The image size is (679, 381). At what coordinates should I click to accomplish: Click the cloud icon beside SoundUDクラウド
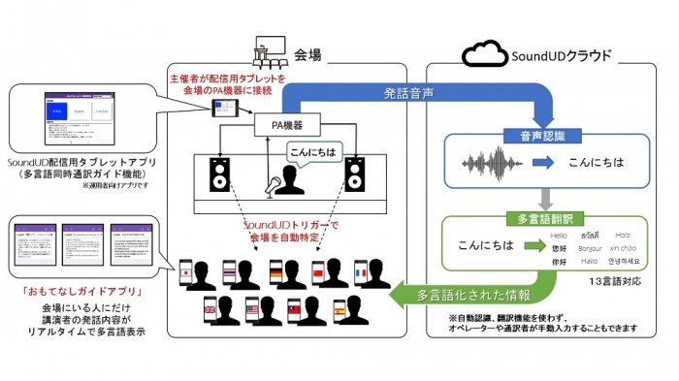tap(485, 52)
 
